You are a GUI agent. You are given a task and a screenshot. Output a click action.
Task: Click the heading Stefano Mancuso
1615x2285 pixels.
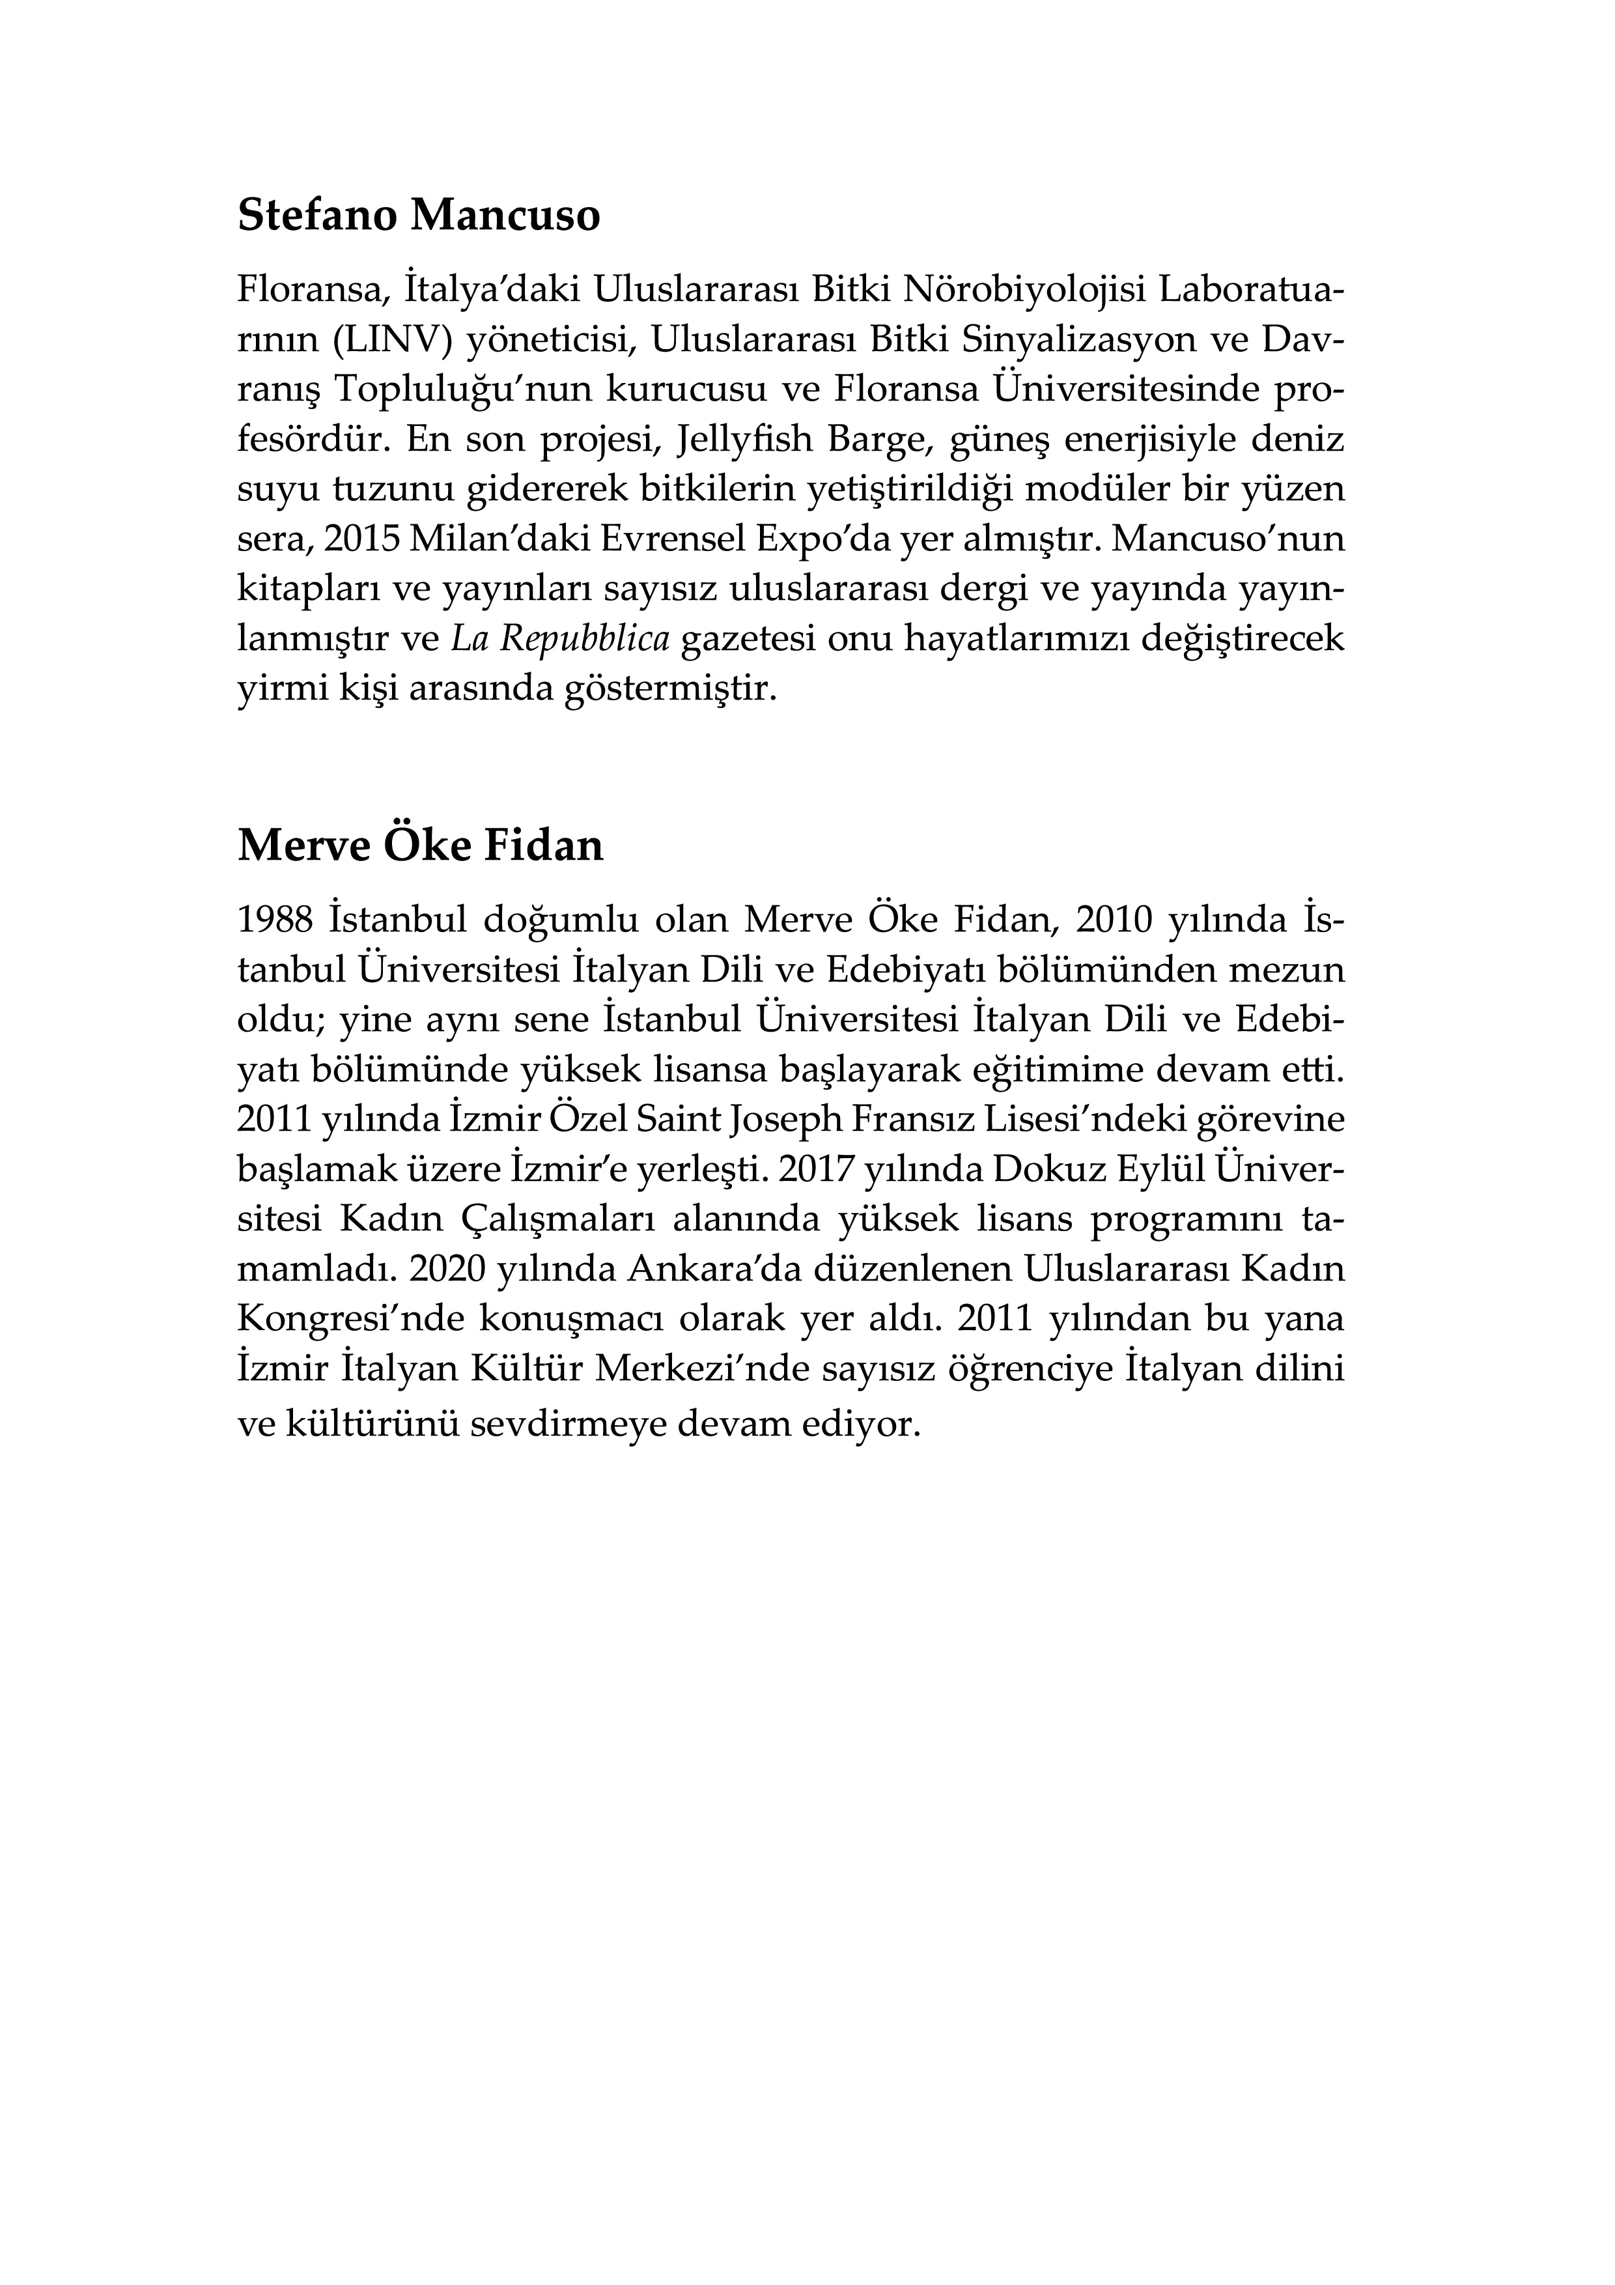[x=419, y=216]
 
